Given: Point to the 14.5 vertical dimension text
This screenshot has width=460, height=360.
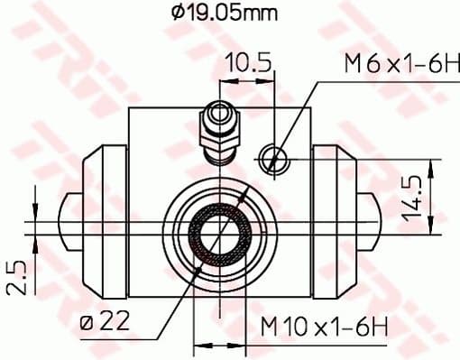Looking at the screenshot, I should tap(413, 199).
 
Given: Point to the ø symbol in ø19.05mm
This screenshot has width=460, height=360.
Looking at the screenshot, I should tap(177, 14).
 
